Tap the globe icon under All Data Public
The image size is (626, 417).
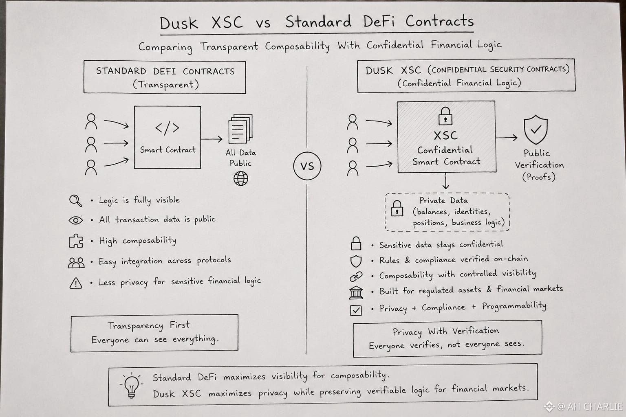[240, 178]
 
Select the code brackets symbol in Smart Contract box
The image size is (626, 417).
[167, 128]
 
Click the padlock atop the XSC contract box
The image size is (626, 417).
[445, 116]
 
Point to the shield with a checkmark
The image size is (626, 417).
[536, 129]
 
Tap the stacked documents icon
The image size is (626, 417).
[240, 128]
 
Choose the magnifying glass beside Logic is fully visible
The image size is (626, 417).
[75, 200]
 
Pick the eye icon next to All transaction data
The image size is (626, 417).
[75, 220]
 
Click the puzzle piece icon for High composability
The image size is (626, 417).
[76, 241]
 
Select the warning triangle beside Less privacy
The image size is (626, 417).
[76, 283]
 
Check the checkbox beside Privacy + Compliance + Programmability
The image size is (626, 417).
[356, 310]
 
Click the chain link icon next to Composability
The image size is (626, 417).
[356, 277]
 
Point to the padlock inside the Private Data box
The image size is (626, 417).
[397, 208]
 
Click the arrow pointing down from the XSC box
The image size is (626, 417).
[446, 181]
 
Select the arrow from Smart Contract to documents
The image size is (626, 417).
[212, 139]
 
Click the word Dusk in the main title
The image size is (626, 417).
[179, 23]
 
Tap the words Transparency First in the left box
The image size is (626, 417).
[149, 325]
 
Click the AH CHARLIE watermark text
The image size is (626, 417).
[595, 407]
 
